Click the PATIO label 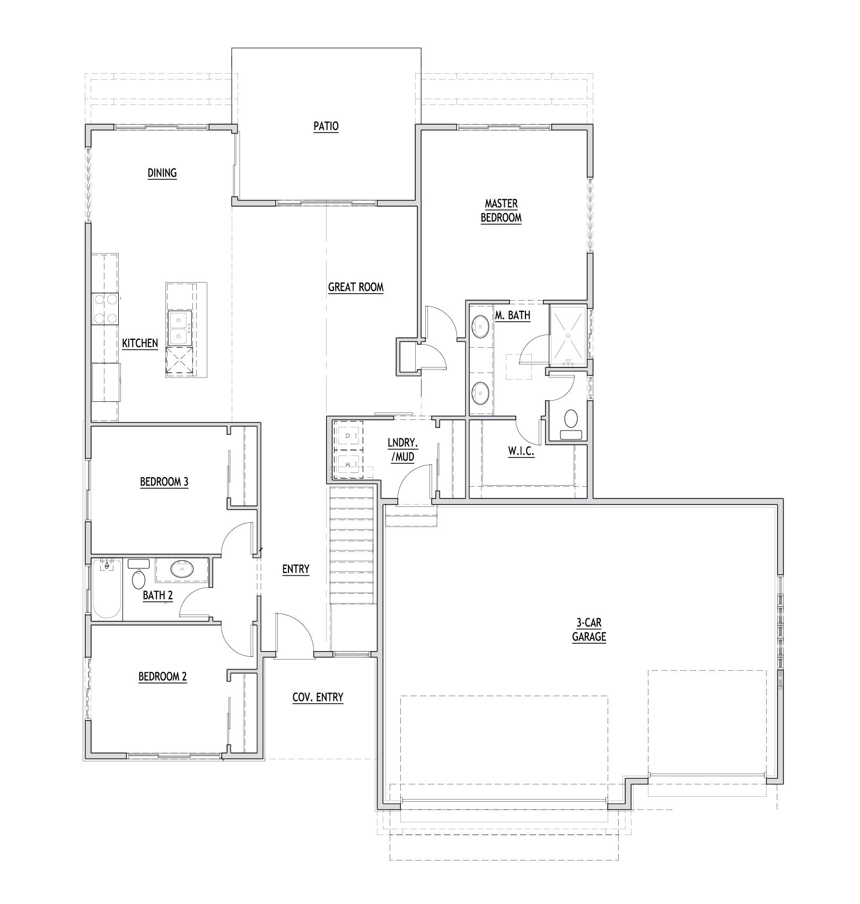(326, 126)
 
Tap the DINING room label (162, 173)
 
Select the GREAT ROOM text (355, 287)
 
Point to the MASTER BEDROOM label (501, 210)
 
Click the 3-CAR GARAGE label (589, 630)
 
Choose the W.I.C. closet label (521, 452)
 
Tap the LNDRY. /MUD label (401, 450)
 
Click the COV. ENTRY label (318, 697)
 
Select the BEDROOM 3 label (164, 482)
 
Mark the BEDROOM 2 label (163, 677)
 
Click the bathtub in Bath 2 (107, 590)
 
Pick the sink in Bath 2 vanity (182, 570)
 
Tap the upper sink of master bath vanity (480, 327)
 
